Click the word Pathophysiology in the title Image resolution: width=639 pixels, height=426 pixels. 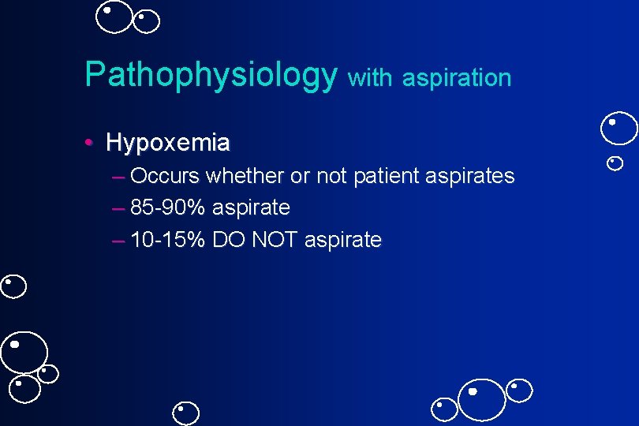(x=211, y=75)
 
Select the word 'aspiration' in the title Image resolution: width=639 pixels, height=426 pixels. (x=457, y=78)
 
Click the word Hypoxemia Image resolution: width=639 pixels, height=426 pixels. (x=168, y=143)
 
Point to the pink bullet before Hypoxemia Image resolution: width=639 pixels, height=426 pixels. (x=91, y=144)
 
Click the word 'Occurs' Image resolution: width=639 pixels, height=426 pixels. (x=166, y=176)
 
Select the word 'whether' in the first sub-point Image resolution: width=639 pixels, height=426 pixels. (x=246, y=176)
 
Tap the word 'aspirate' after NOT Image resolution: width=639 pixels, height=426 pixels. (x=343, y=240)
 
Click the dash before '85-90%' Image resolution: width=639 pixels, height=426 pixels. (x=118, y=208)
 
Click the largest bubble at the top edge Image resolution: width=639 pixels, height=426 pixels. (x=115, y=16)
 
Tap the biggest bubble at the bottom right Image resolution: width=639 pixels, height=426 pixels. (x=482, y=398)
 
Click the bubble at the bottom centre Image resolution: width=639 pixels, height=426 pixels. (x=187, y=413)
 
